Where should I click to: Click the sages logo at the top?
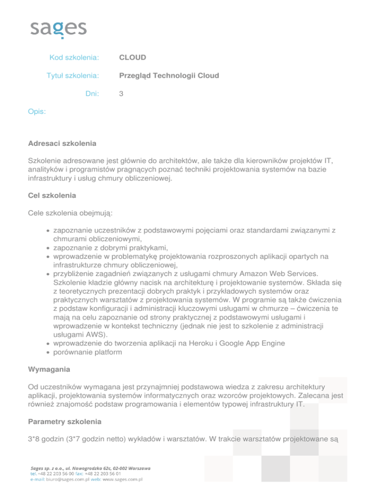(x=58, y=29)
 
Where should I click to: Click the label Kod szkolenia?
(x=75, y=57)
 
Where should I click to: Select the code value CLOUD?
(x=133, y=57)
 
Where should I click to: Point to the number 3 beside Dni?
(x=121, y=94)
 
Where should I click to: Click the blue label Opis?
(x=37, y=112)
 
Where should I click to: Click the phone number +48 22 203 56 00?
(x=54, y=474)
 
